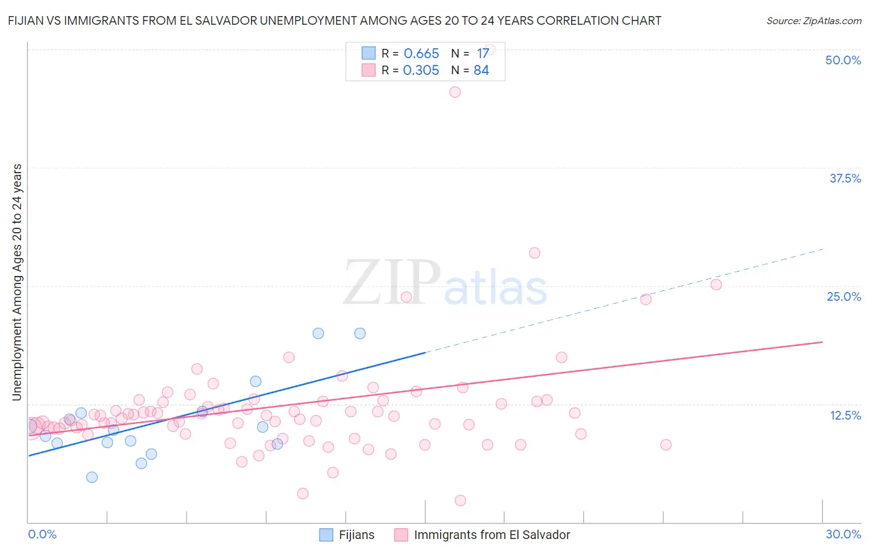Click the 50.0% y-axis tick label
tap(843, 61)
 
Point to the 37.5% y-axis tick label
tap(845, 179)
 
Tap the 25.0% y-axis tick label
tap(844, 297)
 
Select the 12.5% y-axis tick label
tap(845, 415)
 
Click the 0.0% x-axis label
tap(42, 535)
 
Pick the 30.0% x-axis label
tap(843, 535)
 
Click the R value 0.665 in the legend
tap(421, 54)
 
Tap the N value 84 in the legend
tap(481, 71)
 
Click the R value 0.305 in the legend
tap(421, 71)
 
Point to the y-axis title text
tap(17, 282)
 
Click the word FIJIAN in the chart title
tap(28, 21)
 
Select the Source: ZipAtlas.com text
tap(813, 21)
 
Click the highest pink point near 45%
tap(455, 92)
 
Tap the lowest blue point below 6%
tap(92, 477)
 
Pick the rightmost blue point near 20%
tap(360, 334)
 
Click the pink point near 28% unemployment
tap(535, 253)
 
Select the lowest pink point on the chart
tap(460, 501)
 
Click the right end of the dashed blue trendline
tap(823, 249)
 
